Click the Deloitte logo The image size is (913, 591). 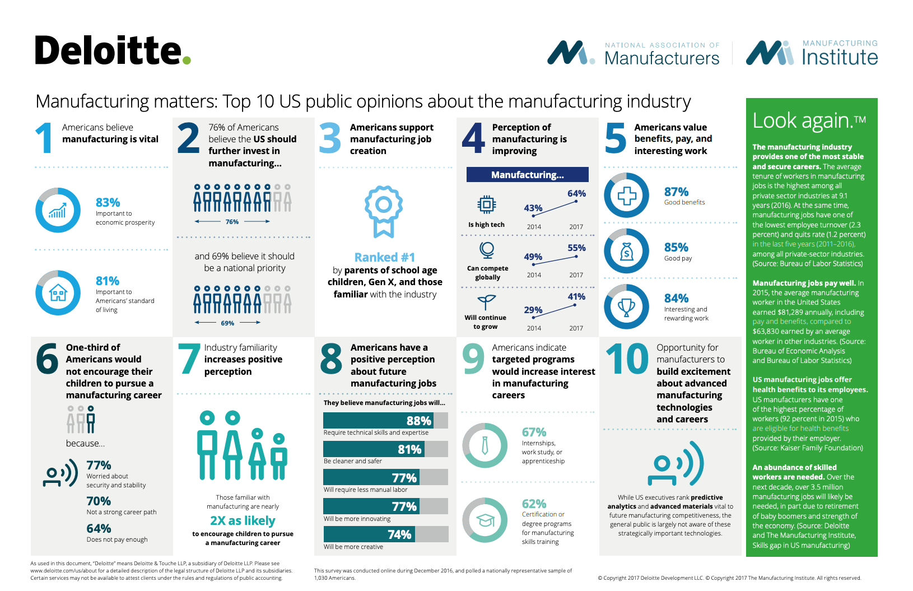(112, 50)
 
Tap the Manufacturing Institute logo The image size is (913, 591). (812, 53)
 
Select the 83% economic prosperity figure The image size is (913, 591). (108, 202)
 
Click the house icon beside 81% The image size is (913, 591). (58, 292)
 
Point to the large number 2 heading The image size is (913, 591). (188, 138)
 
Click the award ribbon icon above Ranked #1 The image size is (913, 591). (384, 211)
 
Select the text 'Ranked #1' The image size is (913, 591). (385, 257)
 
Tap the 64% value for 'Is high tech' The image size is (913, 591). (576, 194)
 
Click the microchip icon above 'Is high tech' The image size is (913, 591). (486, 204)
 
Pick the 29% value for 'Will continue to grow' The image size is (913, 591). (533, 310)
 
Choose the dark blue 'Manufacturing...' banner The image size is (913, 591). (527, 175)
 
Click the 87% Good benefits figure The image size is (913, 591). (676, 192)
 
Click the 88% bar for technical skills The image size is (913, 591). (385, 420)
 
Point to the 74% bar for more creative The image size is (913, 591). (385, 534)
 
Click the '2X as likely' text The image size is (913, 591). (243, 521)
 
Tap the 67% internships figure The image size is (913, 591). (534, 432)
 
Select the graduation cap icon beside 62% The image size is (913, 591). (485, 520)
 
